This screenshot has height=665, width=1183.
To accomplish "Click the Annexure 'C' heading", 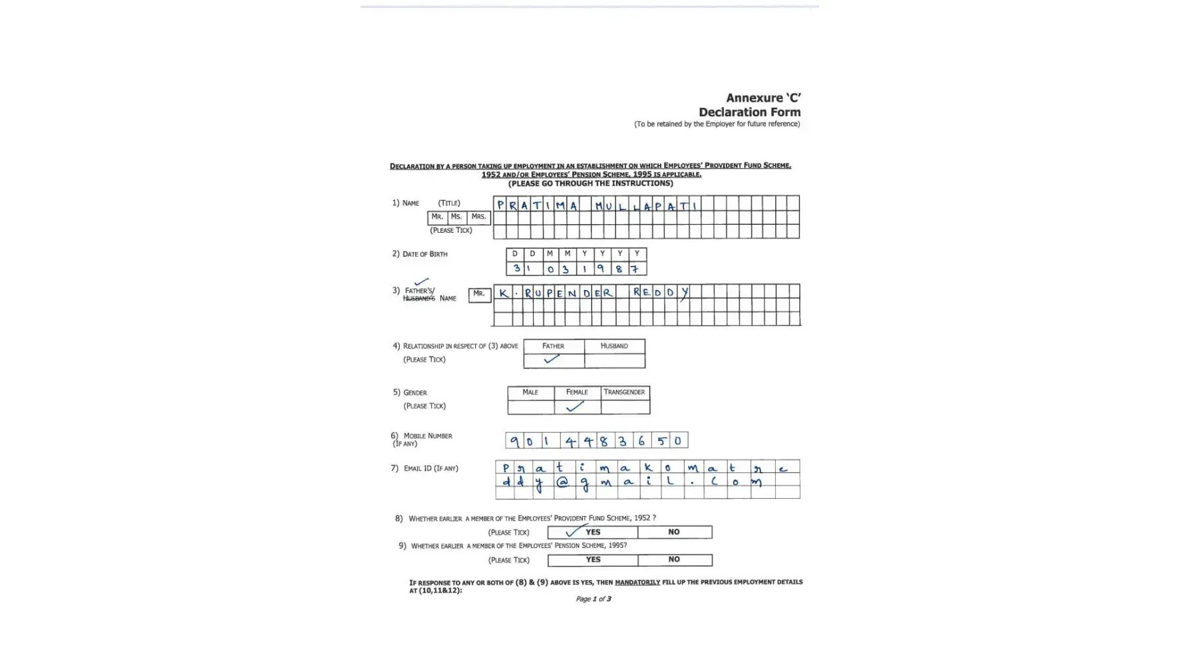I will click(762, 98).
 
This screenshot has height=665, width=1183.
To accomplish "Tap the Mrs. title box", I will click(478, 217).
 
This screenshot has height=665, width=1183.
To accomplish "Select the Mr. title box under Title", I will click(437, 217).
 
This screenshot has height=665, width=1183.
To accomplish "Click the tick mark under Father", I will click(552, 360).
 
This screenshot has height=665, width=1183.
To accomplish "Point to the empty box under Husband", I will click(614, 360).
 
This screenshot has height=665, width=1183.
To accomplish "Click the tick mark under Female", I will click(575, 406).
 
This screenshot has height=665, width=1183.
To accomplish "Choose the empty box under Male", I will click(530, 407).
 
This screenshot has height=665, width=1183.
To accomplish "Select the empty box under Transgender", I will click(625, 407).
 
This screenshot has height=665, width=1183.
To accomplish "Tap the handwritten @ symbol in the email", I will click(562, 482).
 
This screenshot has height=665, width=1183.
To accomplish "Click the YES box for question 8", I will click(592, 532).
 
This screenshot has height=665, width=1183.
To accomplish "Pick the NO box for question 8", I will click(674, 532).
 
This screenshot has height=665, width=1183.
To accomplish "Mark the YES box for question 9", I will click(592, 560).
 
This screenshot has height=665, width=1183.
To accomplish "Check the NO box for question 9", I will click(674, 560).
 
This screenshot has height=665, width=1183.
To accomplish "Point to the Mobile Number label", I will click(427, 436).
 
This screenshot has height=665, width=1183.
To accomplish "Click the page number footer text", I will click(593, 599).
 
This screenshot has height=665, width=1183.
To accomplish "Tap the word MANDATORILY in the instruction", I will click(637, 583).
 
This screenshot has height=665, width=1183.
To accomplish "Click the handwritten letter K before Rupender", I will click(504, 293).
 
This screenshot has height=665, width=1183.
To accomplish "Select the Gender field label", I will click(415, 392).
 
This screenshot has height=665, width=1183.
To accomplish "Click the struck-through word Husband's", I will click(419, 299).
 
